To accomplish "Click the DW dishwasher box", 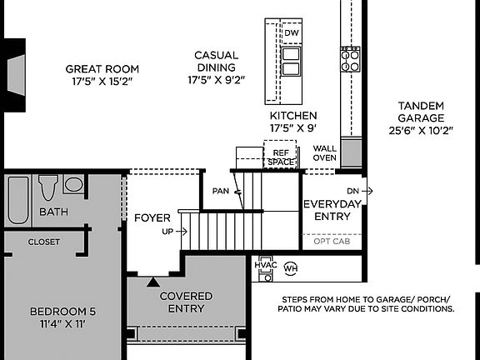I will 291,33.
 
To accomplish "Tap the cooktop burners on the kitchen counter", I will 350,58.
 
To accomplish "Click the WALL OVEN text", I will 324,153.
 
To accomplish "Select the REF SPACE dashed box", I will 281,157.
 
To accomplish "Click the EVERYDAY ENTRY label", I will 332,210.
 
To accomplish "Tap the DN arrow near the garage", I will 358,191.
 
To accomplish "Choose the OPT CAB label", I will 332,241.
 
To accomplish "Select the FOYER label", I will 152,218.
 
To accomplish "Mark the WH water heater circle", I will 291,268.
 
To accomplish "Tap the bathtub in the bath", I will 18,200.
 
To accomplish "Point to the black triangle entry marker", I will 152,282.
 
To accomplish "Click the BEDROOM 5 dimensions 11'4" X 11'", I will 62,323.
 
